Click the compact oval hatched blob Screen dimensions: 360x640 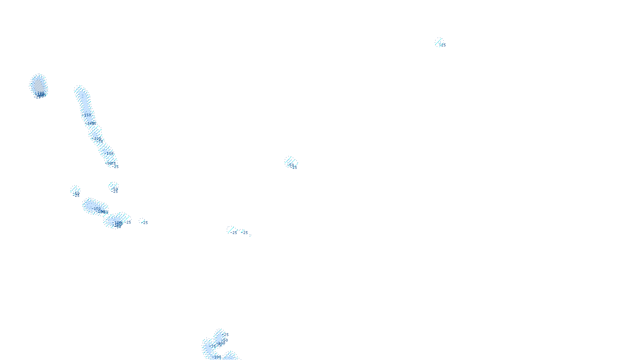pyautogui.click(x=38, y=84)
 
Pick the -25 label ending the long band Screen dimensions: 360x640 pyautogui.click(x=116, y=166)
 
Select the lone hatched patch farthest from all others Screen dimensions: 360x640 pyautogui.click(x=439, y=42)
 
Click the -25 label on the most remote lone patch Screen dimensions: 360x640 pyautogui.click(x=443, y=45)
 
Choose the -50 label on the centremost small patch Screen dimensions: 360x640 pyautogui.click(x=291, y=165)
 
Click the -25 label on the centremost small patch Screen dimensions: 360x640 pyautogui.click(x=295, y=168)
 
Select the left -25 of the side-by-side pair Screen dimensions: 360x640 pyautogui.click(x=234, y=233)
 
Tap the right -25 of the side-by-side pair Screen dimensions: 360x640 pyautogui.click(x=246, y=233)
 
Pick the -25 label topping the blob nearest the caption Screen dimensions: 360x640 pyautogui.click(x=226, y=334)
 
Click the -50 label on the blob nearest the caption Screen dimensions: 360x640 pyautogui.click(x=224, y=340)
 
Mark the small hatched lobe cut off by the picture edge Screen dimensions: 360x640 pyautogui.click(x=230, y=356)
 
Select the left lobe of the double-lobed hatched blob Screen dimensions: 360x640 pyautogui.click(x=94, y=206)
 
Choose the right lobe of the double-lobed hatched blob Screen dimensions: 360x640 pyautogui.click(x=117, y=220)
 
